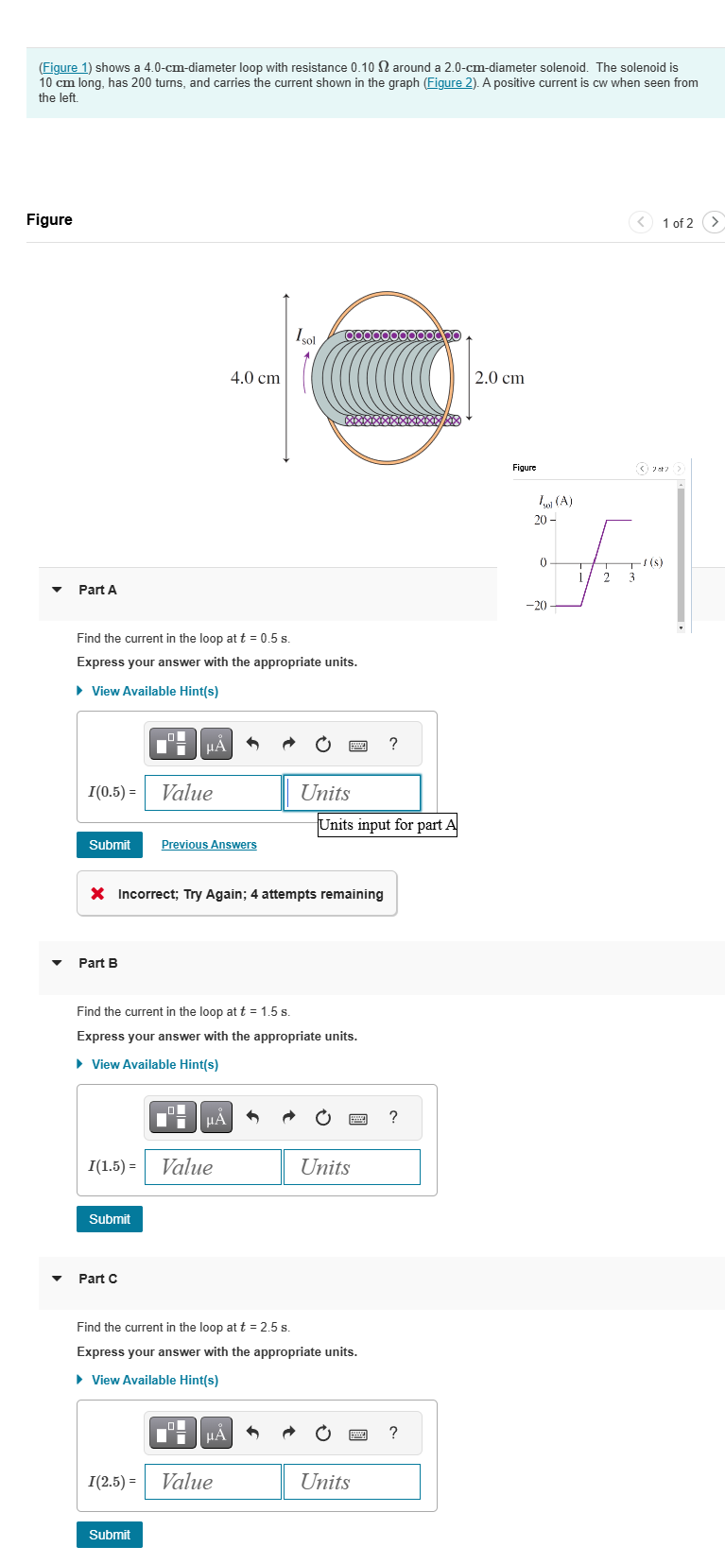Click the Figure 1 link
[x=64, y=68]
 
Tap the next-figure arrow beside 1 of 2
[x=715, y=222]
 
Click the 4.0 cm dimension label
[x=255, y=378]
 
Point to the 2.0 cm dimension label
[x=499, y=378]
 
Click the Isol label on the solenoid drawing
[x=305, y=336]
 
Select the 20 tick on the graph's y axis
[x=541, y=520]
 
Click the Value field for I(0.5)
[x=213, y=793]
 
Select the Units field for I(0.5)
[x=352, y=793]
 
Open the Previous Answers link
[x=209, y=845]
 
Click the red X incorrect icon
[x=97, y=894]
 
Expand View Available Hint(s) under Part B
[x=154, y=1064]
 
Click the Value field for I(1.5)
[x=213, y=1167]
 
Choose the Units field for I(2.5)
[x=352, y=1482]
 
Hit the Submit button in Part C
[x=110, y=1535]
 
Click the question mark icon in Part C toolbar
[x=393, y=1433]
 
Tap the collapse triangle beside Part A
[x=57, y=590]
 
